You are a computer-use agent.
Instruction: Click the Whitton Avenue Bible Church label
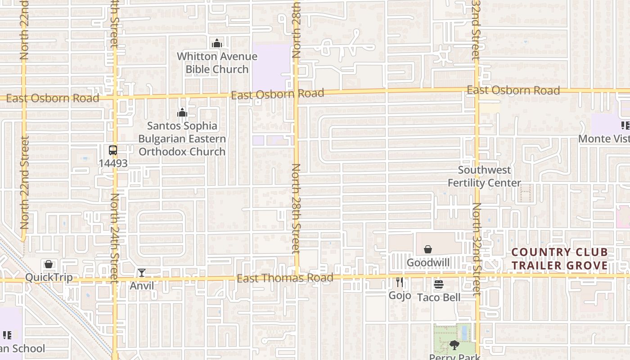click(217, 63)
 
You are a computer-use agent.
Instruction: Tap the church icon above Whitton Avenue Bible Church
click(217, 44)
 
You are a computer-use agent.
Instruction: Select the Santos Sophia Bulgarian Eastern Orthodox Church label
click(182, 139)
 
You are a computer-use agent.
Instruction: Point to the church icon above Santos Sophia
click(182, 112)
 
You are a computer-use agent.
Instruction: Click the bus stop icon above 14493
click(113, 150)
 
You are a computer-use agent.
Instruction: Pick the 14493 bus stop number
click(113, 163)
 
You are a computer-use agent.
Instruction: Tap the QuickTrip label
click(49, 277)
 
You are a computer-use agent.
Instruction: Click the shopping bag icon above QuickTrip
click(49, 264)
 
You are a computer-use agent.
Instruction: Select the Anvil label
click(142, 286)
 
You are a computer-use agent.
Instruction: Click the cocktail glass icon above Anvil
click(142, 273)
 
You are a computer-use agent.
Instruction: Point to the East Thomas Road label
click(285, 278)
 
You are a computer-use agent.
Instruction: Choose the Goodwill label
click(428, 262)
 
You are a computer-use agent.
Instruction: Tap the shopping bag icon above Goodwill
click(428, 249)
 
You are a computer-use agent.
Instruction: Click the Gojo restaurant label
click(400, 295)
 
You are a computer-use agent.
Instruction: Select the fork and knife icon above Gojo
click(400, 282)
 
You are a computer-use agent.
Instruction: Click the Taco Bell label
click(439, 297)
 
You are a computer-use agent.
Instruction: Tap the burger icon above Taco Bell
click(439, 284)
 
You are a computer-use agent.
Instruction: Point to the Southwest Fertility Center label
click(484, 176)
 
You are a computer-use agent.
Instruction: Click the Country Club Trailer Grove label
click(559, 259)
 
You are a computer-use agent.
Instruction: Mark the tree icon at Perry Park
click(454, 346)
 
